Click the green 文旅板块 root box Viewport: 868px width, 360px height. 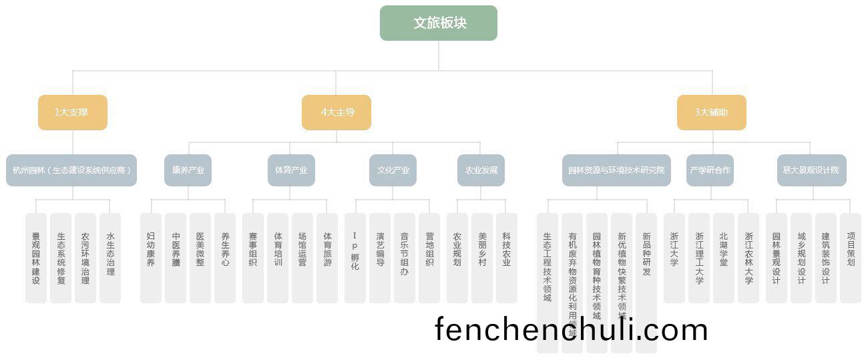pyautogui.click(x=439, y=23)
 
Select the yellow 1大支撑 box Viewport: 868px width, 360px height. pyautogui.click(x=72, y=112)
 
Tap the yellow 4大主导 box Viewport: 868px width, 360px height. pyautogui.click(x=337, y=112)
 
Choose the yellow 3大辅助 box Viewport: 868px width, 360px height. pyautogui.click(x=711, y=112)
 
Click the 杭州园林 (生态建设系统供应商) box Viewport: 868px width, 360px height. pyautogui.click(x=71, y=170)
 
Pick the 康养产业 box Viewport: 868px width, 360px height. pyautogui.click(x=188, y=170)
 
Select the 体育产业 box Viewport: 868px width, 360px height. pyautogui.click(x=291, y=170)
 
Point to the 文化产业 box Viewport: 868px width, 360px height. pyautogui.click(x=393, y=170)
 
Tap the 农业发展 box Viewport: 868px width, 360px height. pyautogui.click(x=481, y=170)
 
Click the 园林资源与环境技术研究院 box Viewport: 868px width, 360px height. pyautogui.click(x=616, y=170)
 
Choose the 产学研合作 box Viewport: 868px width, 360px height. pyautogui.click(x=710, y=170)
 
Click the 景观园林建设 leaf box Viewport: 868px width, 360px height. pyautogui.click(x=36, y=258)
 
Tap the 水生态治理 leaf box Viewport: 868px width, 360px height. pyautogui.click(x=110, y=258)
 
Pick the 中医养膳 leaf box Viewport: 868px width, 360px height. pyautogui.click(x=176, y=258)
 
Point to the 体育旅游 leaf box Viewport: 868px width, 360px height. pyautogui.click(x=327, y=258)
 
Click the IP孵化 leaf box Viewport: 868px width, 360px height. pyautogui.click(x=355, y=258)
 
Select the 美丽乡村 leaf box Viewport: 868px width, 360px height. pyautogui.click(x=482, y=258)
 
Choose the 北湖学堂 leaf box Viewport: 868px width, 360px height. pyautogui.click(x=724, y=258)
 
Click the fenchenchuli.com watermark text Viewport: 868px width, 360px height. pyautogui.click(x=571, y=330)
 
